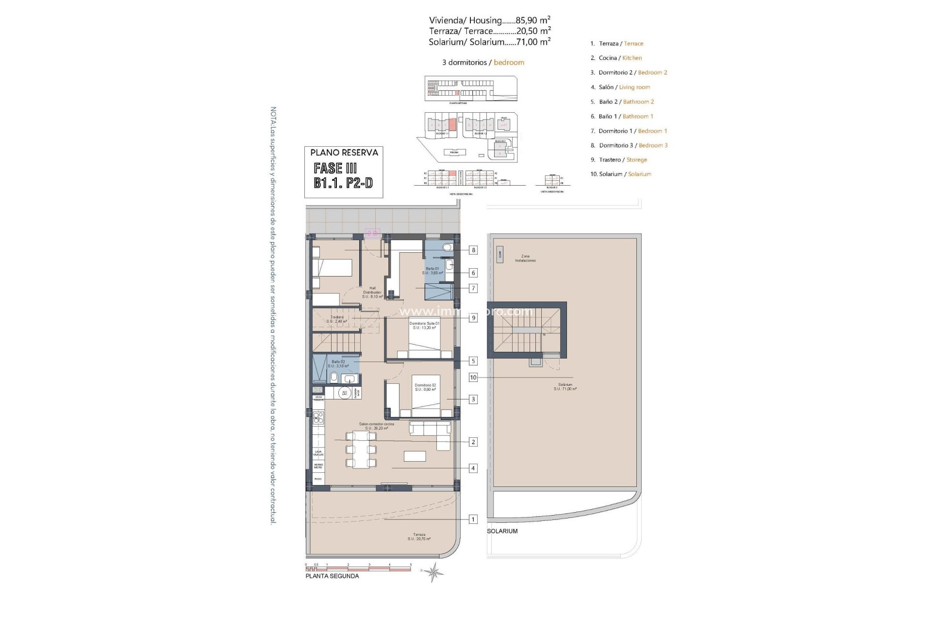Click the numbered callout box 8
473,250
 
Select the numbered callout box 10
473,378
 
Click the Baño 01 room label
433,271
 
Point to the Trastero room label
336,319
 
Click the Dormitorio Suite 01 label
424,326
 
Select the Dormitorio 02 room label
425,387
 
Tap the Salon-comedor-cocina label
376,426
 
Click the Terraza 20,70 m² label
419,536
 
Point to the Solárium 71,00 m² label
565,387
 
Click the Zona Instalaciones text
525,259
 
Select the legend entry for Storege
636,160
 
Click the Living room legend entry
634,87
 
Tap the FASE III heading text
335,169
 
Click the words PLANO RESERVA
344,153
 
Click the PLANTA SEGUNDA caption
332,576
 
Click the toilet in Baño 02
334,378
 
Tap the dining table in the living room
361,449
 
